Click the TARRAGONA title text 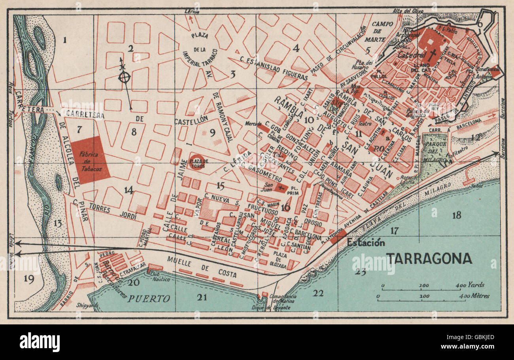[429, 258]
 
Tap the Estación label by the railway [366, 242]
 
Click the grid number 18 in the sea [457, 215]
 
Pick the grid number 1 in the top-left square [65, 39]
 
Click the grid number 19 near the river [28, 279]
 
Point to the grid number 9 [213, 133]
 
